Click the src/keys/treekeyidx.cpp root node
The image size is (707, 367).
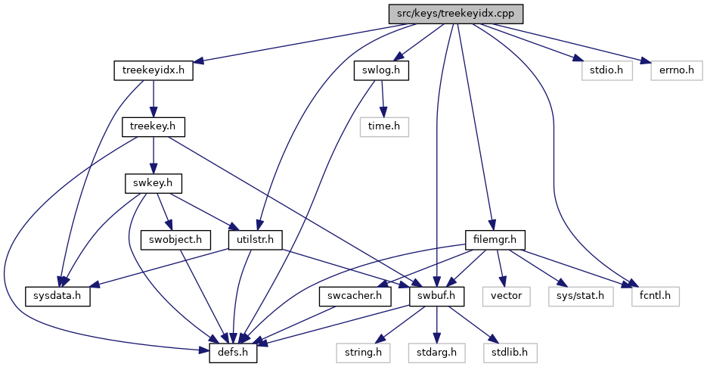coord(456,14)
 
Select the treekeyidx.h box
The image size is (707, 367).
coord(153,71)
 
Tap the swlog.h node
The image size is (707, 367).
coord(381,71)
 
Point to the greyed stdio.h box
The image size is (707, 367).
coord(607,71)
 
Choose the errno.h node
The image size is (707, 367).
coord(676,71)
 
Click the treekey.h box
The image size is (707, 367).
coord(153,127)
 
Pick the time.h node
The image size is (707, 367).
coord(384,127)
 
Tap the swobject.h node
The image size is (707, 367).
coord(175,240)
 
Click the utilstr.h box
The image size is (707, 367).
coord(256,240)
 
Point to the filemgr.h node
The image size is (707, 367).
coord(495,240)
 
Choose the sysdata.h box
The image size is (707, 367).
coord(57,296)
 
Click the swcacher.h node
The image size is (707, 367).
coord(355,296)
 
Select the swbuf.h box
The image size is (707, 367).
coord(436,296)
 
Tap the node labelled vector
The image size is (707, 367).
coord(507,296)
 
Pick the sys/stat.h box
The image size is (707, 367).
coord(581,296)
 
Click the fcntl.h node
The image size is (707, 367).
coord(655,296)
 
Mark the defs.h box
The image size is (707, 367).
coord(233,353)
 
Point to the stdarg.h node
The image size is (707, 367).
coord(436,353)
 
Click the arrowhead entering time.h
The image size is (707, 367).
coord(383,113)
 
